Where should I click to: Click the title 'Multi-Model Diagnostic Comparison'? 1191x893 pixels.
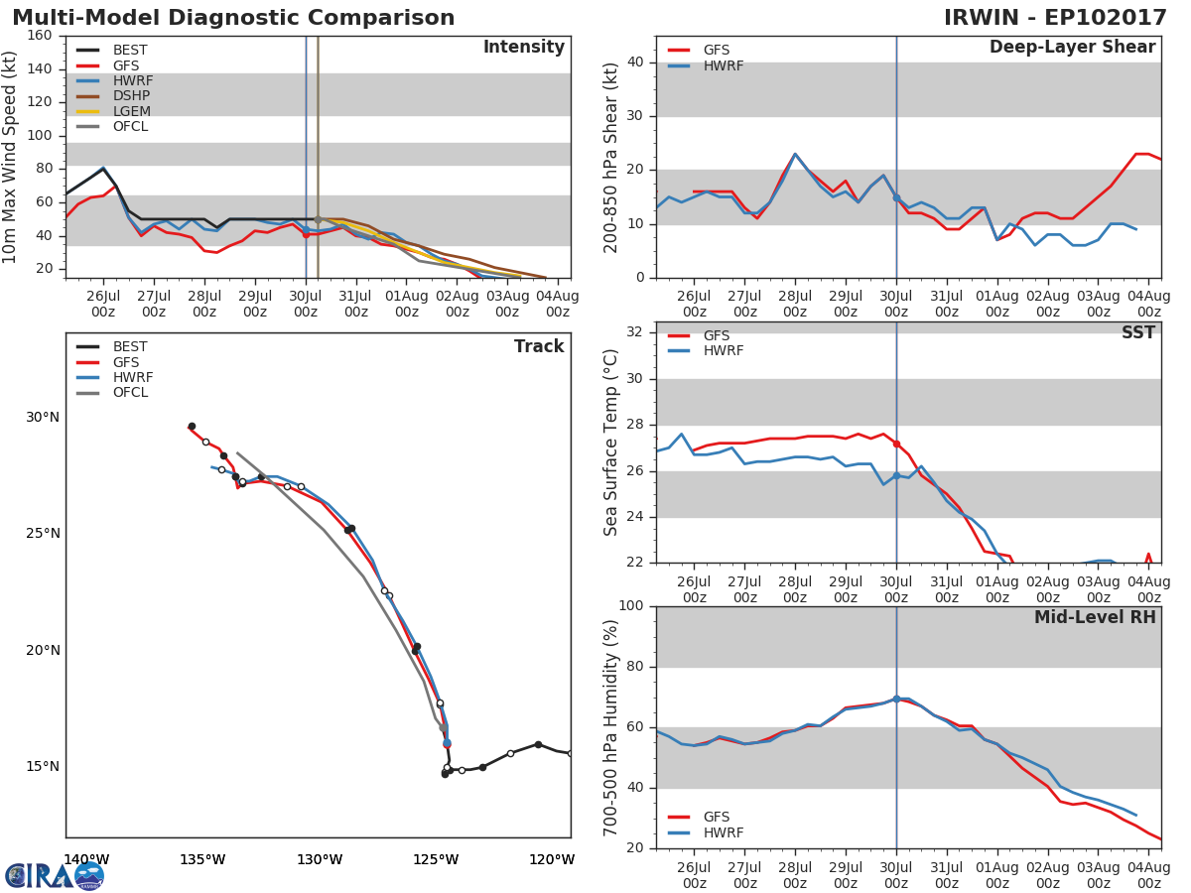(233, 18)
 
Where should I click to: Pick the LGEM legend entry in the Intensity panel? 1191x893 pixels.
(131, 111)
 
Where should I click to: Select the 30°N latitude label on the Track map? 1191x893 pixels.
(42, 417)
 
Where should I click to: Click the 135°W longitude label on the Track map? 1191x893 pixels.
(202, 859)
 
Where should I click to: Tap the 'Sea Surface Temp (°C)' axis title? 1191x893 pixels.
(612, 442)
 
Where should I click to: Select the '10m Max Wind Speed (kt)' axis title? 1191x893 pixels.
(11, 157)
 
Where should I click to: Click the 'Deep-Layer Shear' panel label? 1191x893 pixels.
(1072, 48)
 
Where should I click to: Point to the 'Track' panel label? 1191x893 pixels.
(539, 346)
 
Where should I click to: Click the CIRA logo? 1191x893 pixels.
(55, 875)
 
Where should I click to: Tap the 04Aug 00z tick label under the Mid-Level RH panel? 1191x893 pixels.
(1148, 875)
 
